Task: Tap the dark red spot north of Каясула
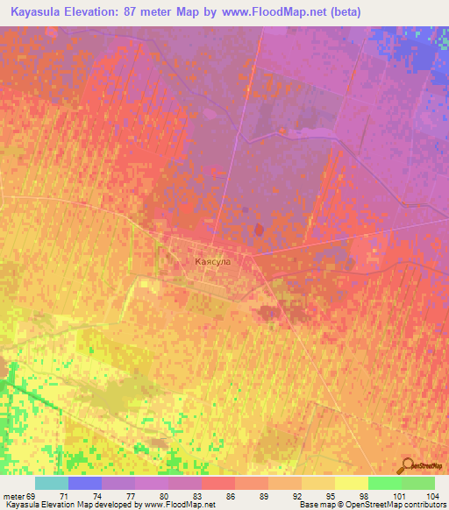pos(259,230)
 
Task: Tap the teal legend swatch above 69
pos(52,483)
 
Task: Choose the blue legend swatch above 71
pos(85,483)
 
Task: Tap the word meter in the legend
pos(16,496)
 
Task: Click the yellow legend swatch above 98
pos(351,483)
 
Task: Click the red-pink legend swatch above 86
pos(218,483)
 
